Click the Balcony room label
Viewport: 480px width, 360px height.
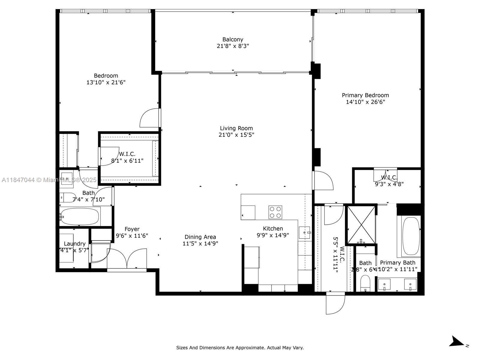(233, 39)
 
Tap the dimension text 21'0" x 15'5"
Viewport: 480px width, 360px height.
(236, 135)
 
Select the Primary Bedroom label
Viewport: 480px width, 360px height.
(365, 95)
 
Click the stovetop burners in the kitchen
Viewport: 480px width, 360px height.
(275, 212)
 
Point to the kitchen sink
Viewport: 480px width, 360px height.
(304, 232)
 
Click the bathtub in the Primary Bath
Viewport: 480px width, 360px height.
(411, 236)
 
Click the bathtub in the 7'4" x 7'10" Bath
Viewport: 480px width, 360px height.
(79, 217)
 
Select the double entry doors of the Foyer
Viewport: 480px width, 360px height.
(127, 259)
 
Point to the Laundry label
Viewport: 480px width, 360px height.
(75, 244)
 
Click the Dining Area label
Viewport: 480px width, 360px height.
(200, 237)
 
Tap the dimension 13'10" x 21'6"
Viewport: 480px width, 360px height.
(106, 82)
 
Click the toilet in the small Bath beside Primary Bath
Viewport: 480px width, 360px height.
(365, 283)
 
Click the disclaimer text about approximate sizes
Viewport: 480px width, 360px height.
(240, 348)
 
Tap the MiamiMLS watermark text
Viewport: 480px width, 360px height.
(49, 180)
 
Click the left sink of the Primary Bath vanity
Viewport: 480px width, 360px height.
(384, 284)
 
